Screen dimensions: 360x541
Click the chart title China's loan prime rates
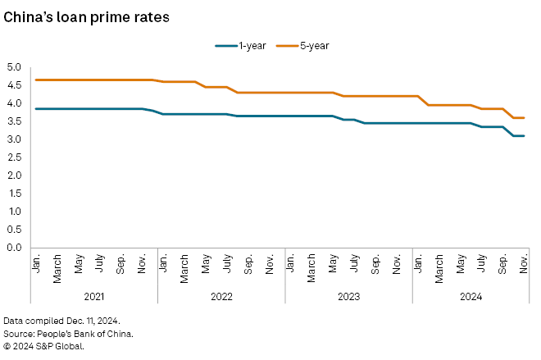(87, 17)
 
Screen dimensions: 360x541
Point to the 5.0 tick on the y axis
(15, 67)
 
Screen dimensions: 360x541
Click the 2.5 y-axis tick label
(15, 157)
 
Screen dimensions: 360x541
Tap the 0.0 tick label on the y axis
(15, 248)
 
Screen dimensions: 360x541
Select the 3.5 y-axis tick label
(15, 121)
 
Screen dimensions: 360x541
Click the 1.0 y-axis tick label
(15, 212)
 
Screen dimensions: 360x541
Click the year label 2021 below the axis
(94, 293)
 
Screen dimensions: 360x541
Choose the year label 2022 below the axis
(221, 293)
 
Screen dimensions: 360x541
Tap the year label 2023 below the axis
(348, 293)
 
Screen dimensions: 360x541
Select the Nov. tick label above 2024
(524, 264)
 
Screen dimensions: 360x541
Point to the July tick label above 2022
(227, 265)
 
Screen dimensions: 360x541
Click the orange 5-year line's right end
(524, 117)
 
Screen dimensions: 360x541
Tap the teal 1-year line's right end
(524, 135)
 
